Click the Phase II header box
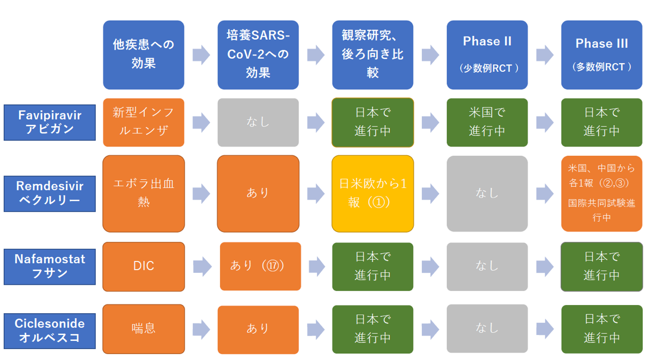click(x=487, y=55)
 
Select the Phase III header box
click(x=602, y=55)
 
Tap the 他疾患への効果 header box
click(x=143, y=55)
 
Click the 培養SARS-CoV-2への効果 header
click(x=258, y=55)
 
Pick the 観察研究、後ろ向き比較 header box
click(x=373, y=55)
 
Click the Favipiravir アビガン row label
click(x=50, y=123)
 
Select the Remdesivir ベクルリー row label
click(x=50, y=194)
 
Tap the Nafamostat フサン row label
click(x=50, y=267)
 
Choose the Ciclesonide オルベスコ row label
click(x=50, y=331)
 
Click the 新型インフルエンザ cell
click(x=143, y=123)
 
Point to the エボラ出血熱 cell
click(x=143, y=194)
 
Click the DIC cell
click(x=143, y=267)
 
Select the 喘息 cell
click(x=143, y=330)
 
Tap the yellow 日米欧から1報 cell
click(x=373, y=194)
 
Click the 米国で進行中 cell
click(x=487, y=123)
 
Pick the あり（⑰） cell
click(x=260, y=266)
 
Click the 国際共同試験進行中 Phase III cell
click(x=602, y=194)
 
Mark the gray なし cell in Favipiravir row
click(x=258, y=123)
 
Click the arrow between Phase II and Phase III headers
click(x=545, y=55)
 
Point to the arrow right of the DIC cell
click(x=203, y=266)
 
